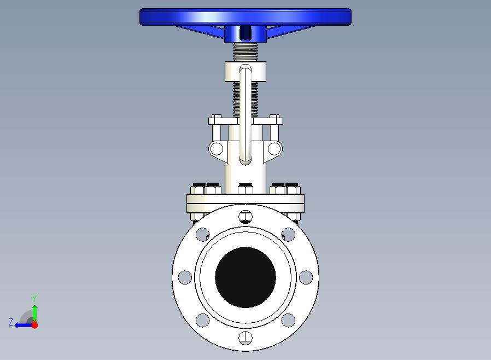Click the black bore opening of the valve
pos(245,277)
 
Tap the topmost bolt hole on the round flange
pos(245,217)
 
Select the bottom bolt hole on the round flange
pos(245,338)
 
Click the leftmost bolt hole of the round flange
pos(185,277)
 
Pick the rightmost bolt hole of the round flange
pos(306,277)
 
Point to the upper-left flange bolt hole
pos(203,234)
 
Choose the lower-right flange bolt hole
pos(288,320)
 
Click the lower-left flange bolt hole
pos(203,320)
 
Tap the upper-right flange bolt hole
pos(288,234)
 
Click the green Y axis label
pos(35,298)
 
